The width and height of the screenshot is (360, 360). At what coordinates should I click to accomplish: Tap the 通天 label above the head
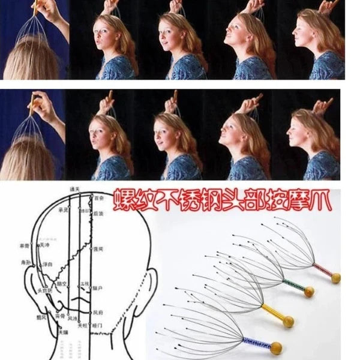click(74, 190)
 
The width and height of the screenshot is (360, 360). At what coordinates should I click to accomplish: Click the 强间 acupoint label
click(100, 248)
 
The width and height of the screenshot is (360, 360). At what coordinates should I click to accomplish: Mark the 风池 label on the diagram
click(73, 319)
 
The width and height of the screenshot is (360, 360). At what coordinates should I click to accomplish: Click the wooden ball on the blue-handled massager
click(277, 347)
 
